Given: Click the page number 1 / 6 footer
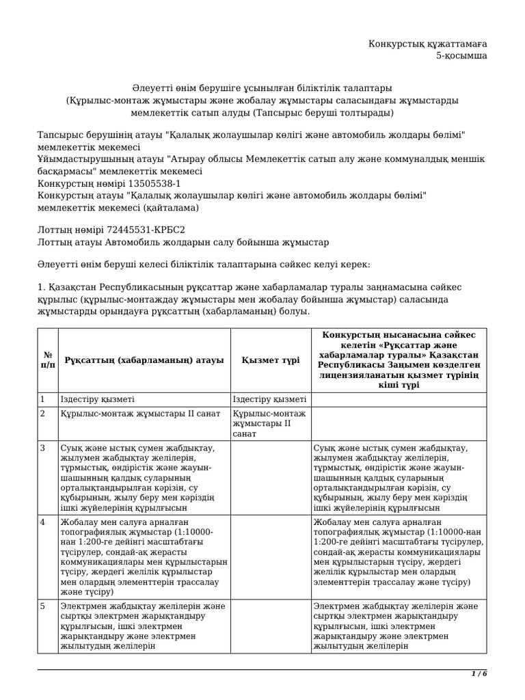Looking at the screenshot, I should pyautogui.click(x=479, y=674).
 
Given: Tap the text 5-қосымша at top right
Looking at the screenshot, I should pyautogui.click(x=461, y=56).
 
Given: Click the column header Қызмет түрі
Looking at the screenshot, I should pyautogui.click(x=270, y=360).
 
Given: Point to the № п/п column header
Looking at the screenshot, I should pyautogui.click(x=48, y=360).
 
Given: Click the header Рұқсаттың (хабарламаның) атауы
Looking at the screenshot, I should pyautogui.click(x=144, y=360).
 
